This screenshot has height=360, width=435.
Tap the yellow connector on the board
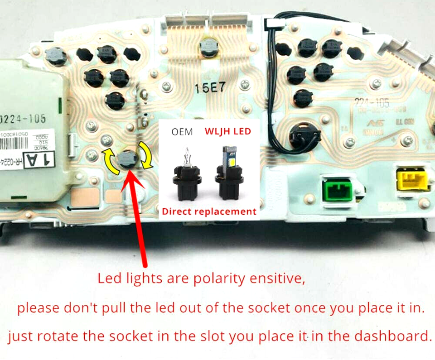pyautogui.click(x=412, y=179)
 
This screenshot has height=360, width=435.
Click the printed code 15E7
pyautogui.click(x=210, y=88)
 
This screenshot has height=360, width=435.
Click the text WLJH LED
pyautogui.click(x=228, y=132)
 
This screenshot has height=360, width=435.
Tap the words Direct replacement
pyautogui.click(x=209, y=211)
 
